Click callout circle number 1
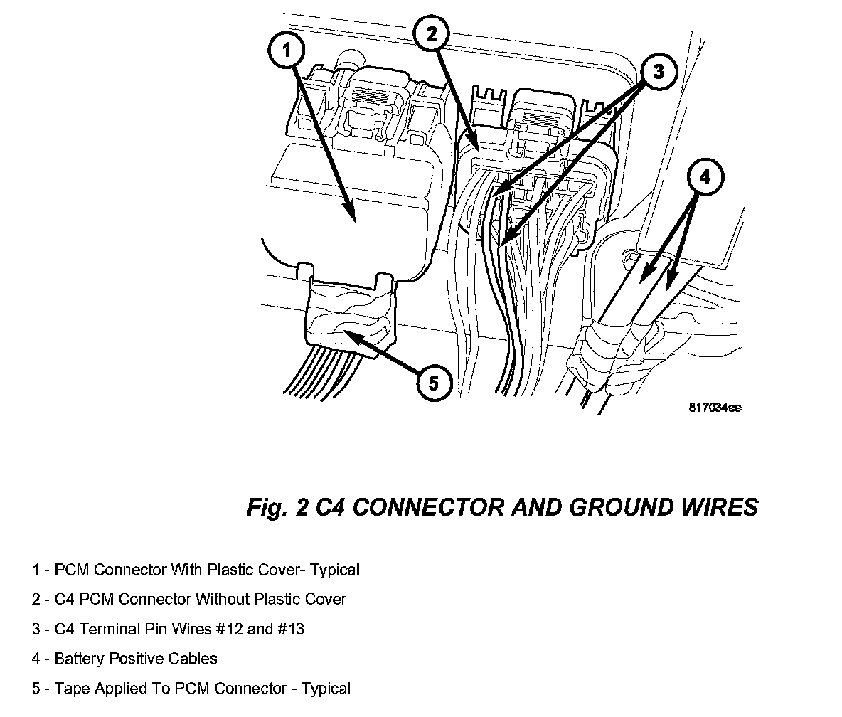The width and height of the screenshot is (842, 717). tap(287, 51)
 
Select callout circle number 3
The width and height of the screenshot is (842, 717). tap(658, 71)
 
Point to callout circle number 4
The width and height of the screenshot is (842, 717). tap(704, 179)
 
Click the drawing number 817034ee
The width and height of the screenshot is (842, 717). tap(715, 408)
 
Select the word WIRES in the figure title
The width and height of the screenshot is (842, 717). tap(720, 508)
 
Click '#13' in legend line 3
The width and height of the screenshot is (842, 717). tap(289, 629)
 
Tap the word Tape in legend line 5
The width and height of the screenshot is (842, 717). tap(68, 689)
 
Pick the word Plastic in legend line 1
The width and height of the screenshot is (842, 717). tap(233, 570)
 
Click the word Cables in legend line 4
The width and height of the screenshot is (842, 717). tap(193, 659)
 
